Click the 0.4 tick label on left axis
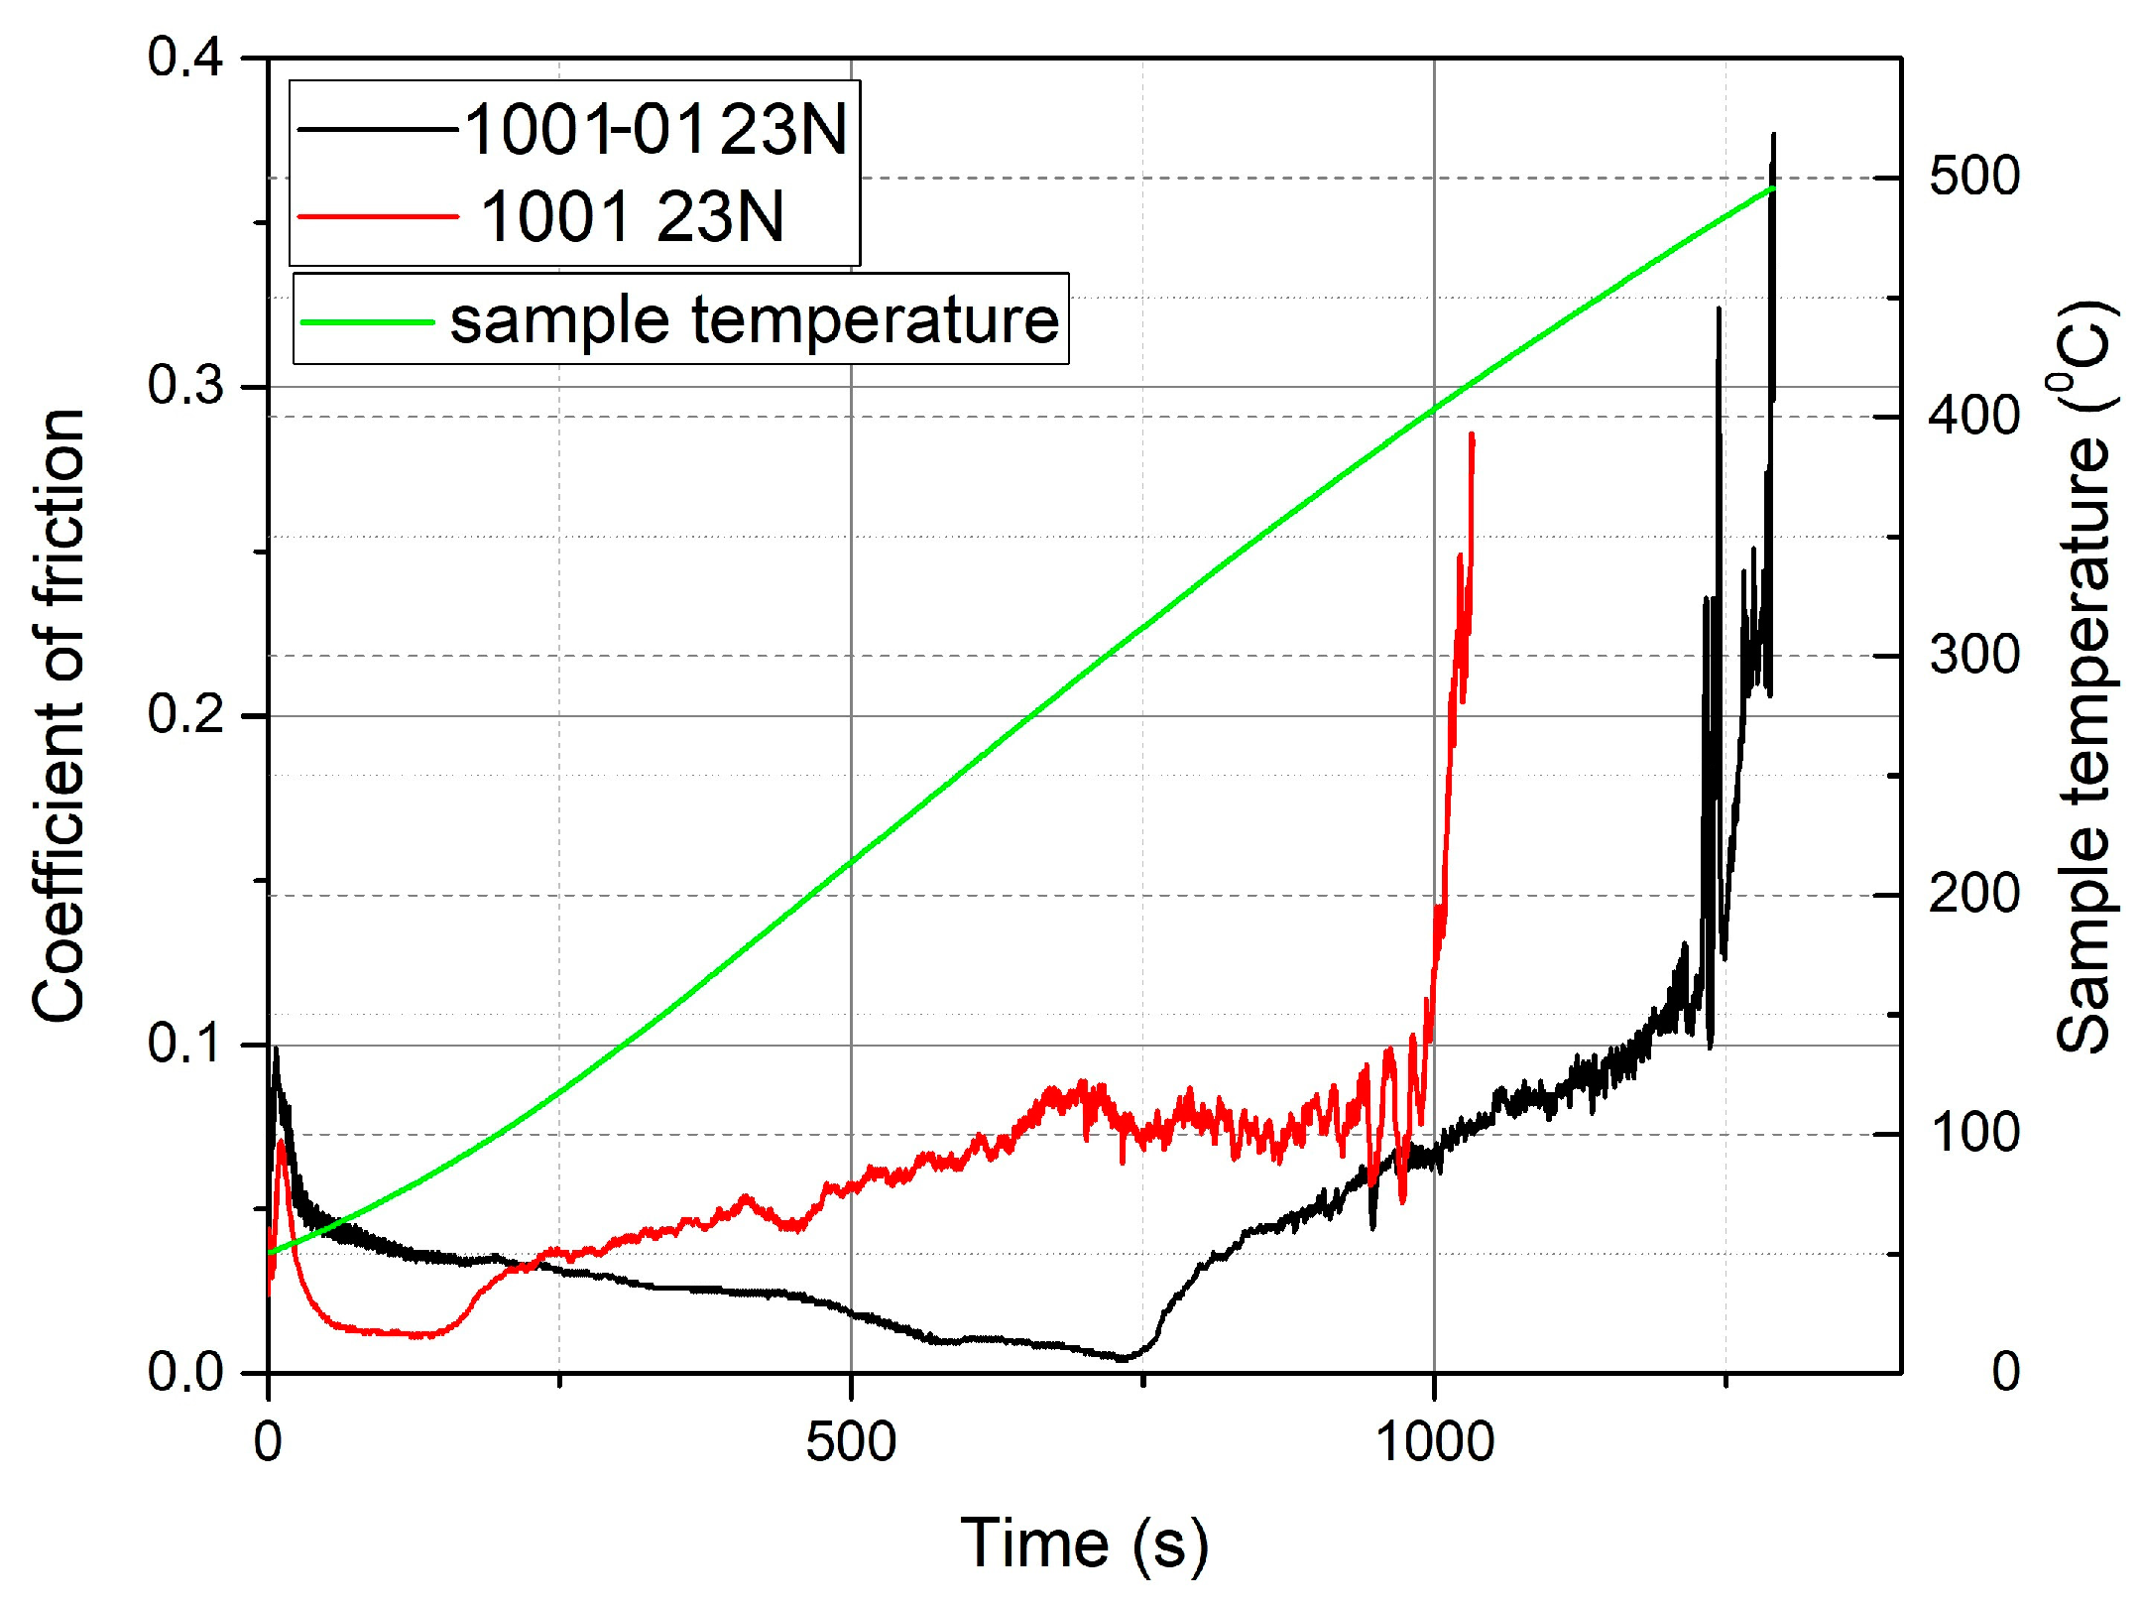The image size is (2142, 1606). [185, 58]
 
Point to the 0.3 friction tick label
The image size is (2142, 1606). [185, 386]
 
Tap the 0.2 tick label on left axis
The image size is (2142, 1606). [185, 715]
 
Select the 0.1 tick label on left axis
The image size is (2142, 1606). [185, 1045]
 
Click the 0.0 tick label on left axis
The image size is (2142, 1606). [185, 1374]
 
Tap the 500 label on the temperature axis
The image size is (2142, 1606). [1973, 178]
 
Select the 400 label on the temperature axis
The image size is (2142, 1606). [1973, 416]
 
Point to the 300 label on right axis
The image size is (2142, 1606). [1973, 656]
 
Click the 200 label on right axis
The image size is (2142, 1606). [1973, 895]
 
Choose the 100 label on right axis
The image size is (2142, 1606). [1973, 1134]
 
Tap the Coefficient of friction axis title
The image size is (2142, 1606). [59, 714]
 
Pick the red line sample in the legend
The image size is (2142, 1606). [378, 216]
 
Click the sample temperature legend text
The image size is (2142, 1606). [755, 320]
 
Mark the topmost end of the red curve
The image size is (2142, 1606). [1473, 434]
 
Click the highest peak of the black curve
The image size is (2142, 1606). [1773, 135]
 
